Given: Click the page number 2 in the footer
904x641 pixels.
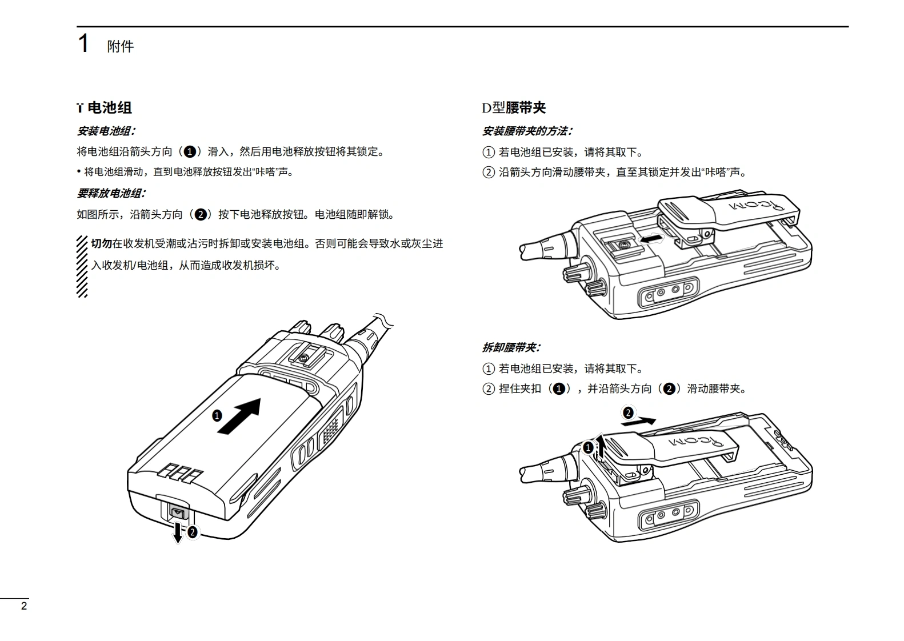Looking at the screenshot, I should [x=23, y=606].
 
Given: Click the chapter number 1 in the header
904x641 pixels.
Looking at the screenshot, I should [x=83, y=44].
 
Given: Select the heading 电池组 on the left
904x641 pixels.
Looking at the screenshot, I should [x=109, y=107].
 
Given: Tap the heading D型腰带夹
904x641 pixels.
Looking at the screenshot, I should [x=513, y=107].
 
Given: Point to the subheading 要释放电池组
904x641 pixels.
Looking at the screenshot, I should [x=111, y=193].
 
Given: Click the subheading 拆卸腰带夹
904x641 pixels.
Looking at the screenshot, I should [x=511, y=347].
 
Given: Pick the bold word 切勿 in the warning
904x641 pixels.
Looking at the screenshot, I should [x=101, y=244].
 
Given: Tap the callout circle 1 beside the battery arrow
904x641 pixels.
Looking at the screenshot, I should [x=217, y=416].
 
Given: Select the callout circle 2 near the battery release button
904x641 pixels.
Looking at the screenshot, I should [x=193, y=532].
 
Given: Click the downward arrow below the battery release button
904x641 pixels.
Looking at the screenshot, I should [x=178, y=531].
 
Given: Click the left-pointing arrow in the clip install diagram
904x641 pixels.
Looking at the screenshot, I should [x=652, y=238].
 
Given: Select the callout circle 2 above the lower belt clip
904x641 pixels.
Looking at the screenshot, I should [x=627, y=412].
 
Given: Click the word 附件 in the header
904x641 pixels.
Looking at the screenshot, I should [x=120, y=46].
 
